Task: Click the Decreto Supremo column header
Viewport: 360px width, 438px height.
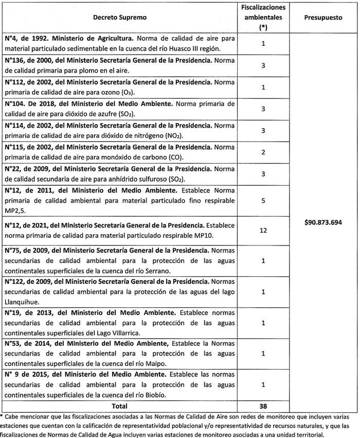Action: pyautogui.click(x=119, y=17)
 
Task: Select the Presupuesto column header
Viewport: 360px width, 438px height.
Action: pyautogui.click(x=323, y=17)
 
